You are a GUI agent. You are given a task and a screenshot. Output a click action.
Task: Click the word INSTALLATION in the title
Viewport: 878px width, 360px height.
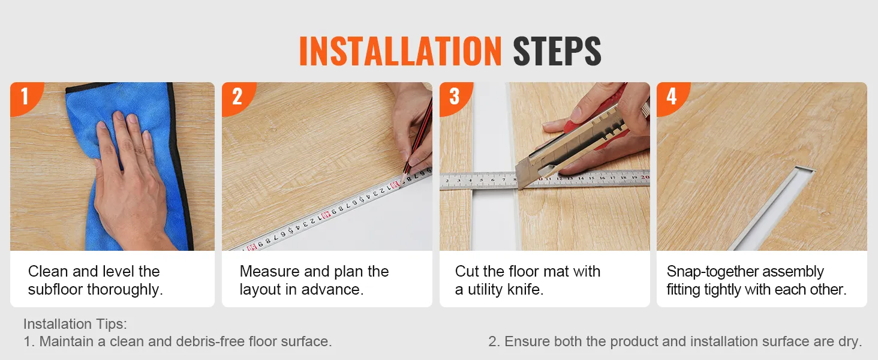point(400,51)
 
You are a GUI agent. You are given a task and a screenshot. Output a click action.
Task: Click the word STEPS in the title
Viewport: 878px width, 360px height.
point(557,51)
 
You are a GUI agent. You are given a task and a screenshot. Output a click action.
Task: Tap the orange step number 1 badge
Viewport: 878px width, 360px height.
point(25,97)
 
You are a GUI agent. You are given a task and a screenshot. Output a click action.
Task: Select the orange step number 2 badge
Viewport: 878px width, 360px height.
point(237,97)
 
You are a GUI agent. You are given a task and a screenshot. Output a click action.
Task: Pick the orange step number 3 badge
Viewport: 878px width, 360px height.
point(455,97)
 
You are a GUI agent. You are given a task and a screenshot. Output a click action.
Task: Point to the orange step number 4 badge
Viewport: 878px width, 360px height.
point(672,97)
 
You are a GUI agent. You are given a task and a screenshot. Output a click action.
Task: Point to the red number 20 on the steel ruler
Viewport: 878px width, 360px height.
point(645,177)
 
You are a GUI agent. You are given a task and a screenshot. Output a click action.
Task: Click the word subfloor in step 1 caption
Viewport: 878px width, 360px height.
point(55,289)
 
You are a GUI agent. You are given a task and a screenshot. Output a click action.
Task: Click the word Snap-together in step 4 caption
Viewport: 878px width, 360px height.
point(712,272)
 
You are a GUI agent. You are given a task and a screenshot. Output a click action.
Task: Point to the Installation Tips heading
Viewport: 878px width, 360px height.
point(75,324)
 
